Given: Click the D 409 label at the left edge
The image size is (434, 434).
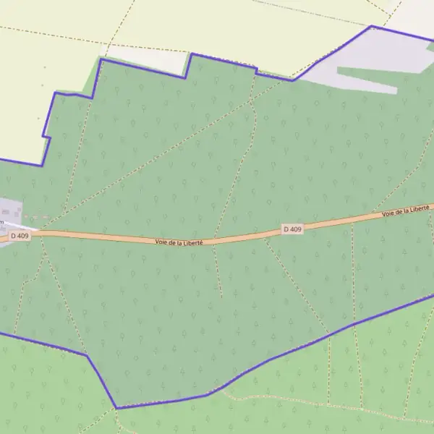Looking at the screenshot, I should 20,236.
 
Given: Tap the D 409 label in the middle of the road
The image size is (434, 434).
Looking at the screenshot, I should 292,229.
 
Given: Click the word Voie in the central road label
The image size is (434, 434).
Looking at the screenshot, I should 162,242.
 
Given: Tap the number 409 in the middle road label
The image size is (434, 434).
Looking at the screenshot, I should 296,229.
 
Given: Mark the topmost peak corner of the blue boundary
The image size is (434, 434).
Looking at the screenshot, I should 372,27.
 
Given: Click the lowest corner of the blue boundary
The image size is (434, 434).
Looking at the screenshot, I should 116,408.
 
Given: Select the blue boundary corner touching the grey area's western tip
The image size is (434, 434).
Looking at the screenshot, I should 293,80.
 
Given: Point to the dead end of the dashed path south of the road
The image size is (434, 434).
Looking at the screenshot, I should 221,297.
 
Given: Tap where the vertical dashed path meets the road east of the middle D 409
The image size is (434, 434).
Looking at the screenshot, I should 352,223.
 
